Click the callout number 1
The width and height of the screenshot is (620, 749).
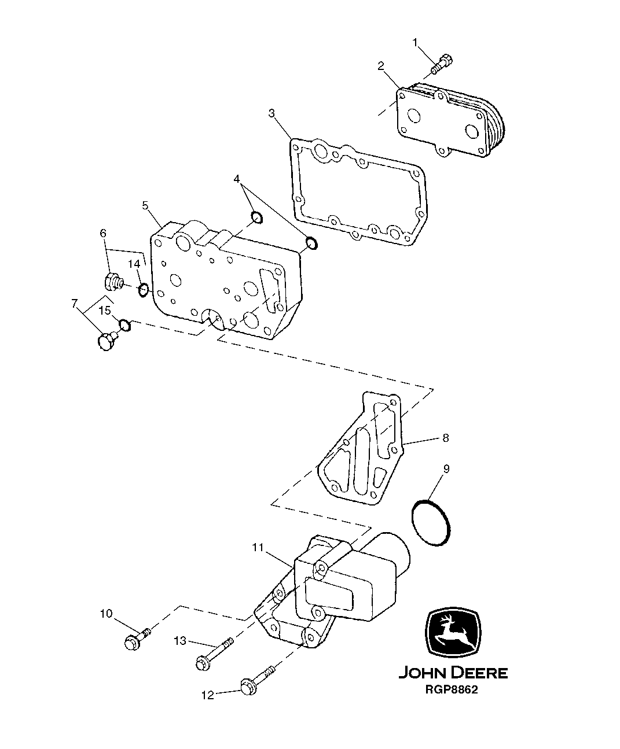pyautogui.click(x=415, y=42)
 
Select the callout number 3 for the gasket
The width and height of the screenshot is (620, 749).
pyautogui.click(x=272, y=112)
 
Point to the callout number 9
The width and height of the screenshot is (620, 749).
pyautogui.click(x=446, y=468)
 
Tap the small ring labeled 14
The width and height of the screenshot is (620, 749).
pyautogui.click(x=144, y=289)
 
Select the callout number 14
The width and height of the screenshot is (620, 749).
pyautogui.click(x=134, y=264)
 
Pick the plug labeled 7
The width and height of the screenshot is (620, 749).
pyautogui.click(x=106, y=341)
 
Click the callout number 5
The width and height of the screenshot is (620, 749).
pyautogui.click(x=145, y=205)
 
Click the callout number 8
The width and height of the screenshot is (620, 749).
pyautogui.click(x=445, y=438)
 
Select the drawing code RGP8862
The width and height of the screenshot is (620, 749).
pyautogui.click(x=452, y=691)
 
